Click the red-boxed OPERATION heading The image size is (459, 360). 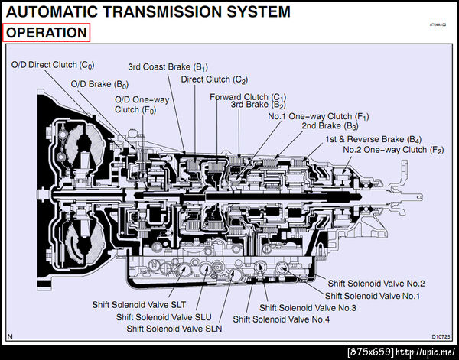click(47, 33)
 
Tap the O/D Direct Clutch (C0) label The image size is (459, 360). click(53, 66)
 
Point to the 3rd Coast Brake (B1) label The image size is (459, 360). click(168, 66)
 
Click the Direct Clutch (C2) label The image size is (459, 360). click(215, 79)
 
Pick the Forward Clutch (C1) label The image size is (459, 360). click(248, 97)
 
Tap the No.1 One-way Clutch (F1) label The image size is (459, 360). click(319, 116)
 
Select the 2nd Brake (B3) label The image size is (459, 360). click(330, 125)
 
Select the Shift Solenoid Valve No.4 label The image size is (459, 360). click(282, 319)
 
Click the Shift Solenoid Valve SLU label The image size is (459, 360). click(164, 316)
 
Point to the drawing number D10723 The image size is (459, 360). click(441, 336)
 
